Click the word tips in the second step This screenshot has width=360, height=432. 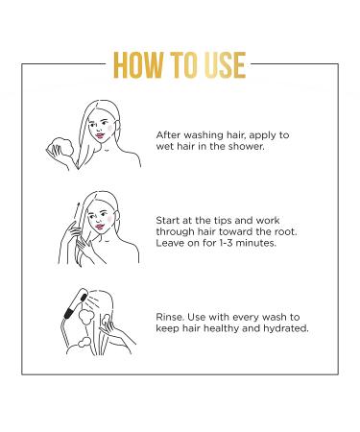coord(231,219)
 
